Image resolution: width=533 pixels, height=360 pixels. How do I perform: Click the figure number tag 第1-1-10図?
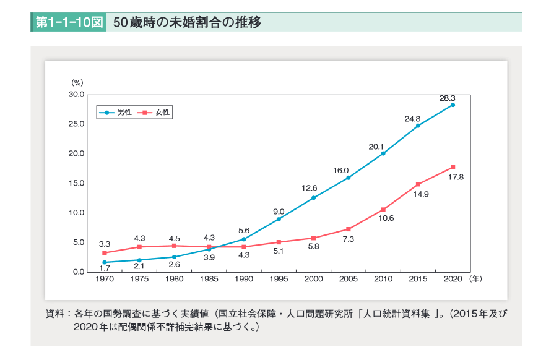coord(68,23)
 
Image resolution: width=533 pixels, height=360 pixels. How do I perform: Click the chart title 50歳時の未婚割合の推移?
coord(187,23)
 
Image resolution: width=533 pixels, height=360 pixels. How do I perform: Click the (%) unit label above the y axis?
coord(77,82)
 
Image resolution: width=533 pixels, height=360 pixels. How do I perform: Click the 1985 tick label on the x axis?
coord(209,280)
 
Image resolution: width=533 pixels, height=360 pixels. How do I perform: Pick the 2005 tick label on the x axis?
coord(349,280)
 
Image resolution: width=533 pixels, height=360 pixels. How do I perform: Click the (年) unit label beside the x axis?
coord(475,280)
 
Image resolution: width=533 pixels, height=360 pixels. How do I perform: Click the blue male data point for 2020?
coord(453,105)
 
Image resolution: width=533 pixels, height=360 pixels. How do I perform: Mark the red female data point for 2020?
coord(453,167)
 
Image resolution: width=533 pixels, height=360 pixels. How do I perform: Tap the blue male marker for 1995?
coord(279,219)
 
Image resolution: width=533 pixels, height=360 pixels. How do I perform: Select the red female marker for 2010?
coord(383,210)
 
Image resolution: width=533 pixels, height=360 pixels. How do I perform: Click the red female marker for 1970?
coord(105,252)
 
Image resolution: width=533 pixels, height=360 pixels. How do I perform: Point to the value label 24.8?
coord(412,118)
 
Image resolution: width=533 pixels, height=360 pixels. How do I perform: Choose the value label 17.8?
coord(456,177)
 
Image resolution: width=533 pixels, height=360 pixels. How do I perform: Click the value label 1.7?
coord(105,268)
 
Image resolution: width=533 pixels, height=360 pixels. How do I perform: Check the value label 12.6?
coord(309,188)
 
